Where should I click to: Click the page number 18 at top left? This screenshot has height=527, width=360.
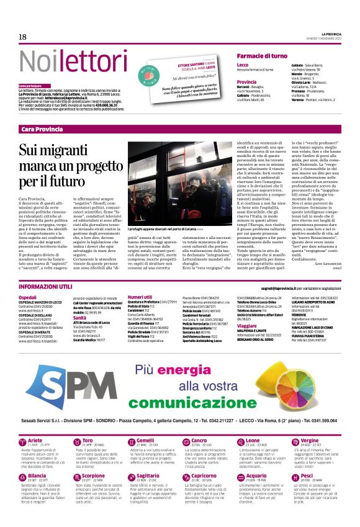(x=23, y=37)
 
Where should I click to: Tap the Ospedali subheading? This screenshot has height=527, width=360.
(x=28, y=297)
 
